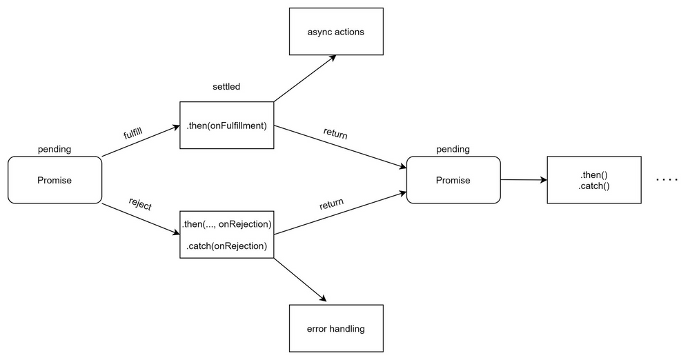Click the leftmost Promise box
point(55,180)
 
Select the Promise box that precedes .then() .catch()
point(453,180)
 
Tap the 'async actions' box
point(336,32)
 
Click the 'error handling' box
point(336,328)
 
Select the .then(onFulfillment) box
point(227,125)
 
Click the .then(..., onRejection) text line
point(227,224)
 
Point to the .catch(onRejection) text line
point(227,246)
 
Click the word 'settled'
point(227,88)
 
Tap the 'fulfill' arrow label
point(133,135)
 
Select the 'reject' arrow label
point(140,204)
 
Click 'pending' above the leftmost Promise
point(55,149)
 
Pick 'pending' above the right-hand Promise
point(453,149)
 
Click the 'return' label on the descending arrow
point(335,134)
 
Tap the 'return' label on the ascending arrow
point(331,205)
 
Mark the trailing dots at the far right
point(667,180)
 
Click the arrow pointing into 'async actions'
point(305,79)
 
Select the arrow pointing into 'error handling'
point(301,280)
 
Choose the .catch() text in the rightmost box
point(594,186)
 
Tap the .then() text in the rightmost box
point(594,174)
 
